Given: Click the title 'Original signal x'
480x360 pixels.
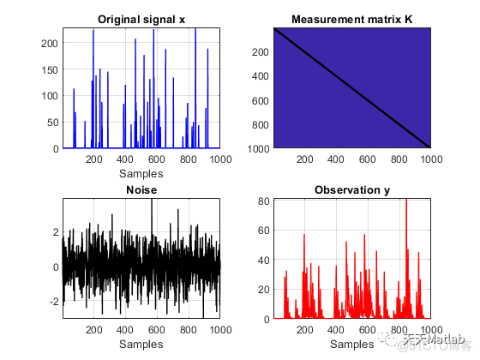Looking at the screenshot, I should pyautogui.click(x=141, y=19).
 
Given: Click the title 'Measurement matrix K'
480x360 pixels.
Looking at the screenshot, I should pyautogui.click(x=351, y=19).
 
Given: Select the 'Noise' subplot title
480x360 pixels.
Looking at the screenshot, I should pyautogui.click(x=141, y=189).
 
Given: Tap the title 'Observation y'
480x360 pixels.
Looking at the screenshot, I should pyautogui.click(x=351, y=189).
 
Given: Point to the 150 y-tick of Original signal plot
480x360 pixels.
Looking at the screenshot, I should pyautogui.click(x=50, y=69).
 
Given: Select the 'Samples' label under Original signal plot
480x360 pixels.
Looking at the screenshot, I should pyautogui.click(x=141, y=171).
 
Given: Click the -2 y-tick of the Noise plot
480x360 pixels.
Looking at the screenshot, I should pyautogui.click(x=54, y=303).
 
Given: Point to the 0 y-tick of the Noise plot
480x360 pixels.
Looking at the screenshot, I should pyautogui.click(x=57, y=267).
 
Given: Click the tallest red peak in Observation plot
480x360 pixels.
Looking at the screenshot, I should pyautogui.click(x=405, y=202).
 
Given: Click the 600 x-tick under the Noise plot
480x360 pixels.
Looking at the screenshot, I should pyautogui.click(x=157, y=329).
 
